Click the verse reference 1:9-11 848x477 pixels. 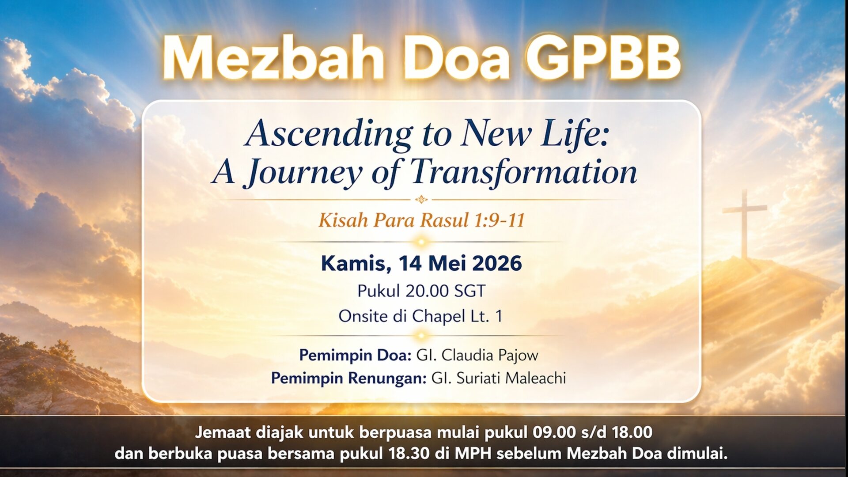coord(499,220)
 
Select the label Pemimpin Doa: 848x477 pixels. coord(356,355)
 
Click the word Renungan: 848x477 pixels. coord(387,379)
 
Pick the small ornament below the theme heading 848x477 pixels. coord(421,200)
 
